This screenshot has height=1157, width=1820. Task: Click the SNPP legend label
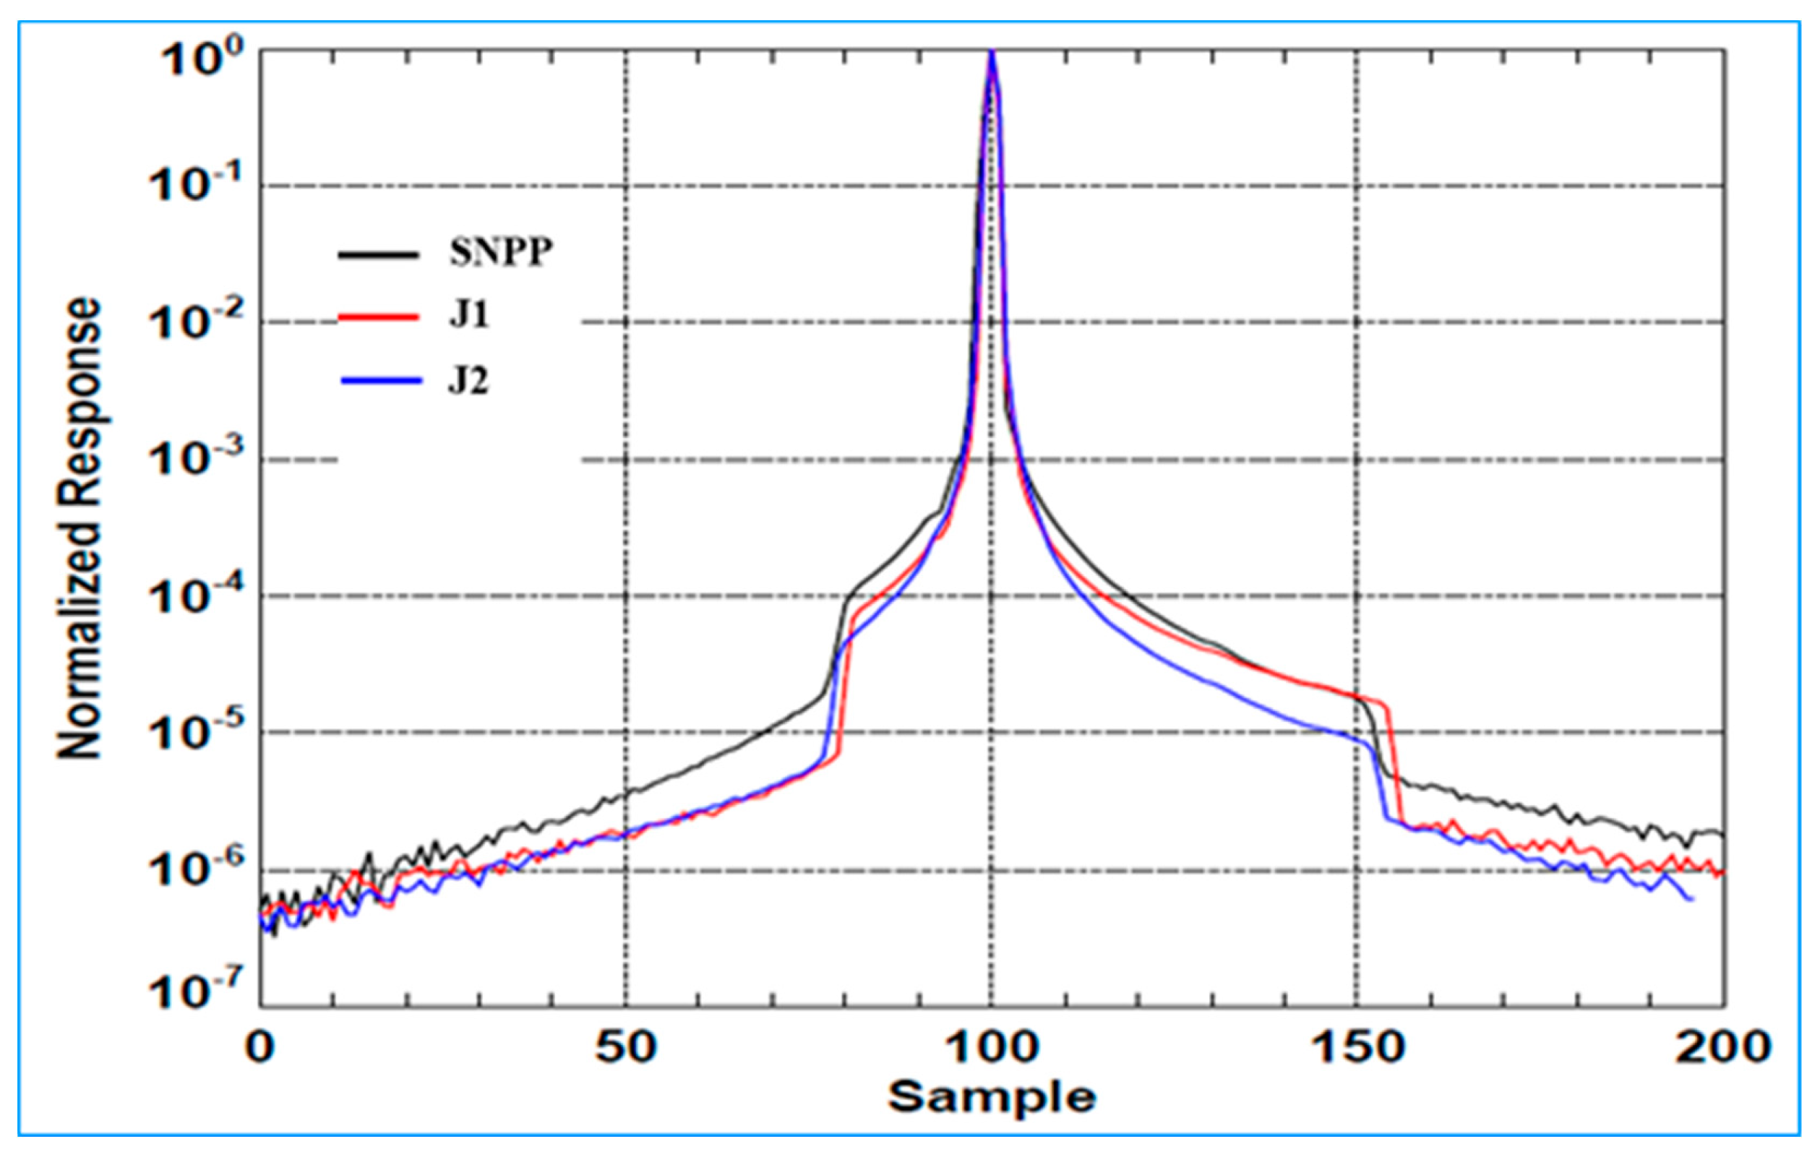pyautogui.click(x=500, y=252)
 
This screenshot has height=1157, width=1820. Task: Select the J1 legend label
pyautogui.click(x=469, y=316)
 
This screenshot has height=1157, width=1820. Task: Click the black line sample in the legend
pyautogui.click(x=378, y=254)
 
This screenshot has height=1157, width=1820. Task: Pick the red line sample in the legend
pyautogui.click(x=378, y=317)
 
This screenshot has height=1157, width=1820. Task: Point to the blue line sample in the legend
pyautogui.click(x=380, y=381)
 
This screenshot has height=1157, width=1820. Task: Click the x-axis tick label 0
pyautogui.click(x=261, y=1047)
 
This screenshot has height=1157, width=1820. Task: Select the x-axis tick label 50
pyautogui.click(x=625, y=1047)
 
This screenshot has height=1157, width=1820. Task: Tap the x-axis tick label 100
pyautogui.click(x=991, y=1047)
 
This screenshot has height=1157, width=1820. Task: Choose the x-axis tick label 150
pyautogui.click(x=1357, y=1047)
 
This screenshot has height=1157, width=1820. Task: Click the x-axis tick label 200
pyautogui.click(x=1723, y=1047)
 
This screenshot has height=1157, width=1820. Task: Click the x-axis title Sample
pyautogui.click(x=991, y=1096)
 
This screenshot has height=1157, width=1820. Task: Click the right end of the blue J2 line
pyautogui.click(x=1691, y=899)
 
